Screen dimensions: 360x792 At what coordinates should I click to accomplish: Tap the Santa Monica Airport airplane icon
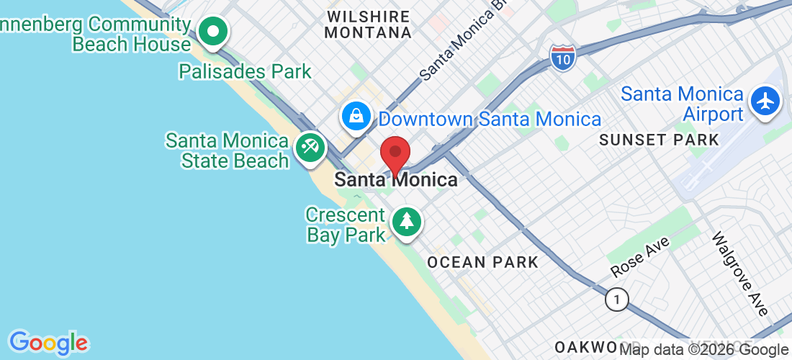pos(765,101)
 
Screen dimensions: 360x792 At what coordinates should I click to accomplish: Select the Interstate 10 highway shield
pos(562,57)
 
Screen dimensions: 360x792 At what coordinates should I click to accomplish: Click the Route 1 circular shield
pos(616,299)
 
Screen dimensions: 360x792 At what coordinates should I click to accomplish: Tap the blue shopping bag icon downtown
pos(356,116)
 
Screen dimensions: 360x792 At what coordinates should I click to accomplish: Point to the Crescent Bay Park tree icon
pos(407,220)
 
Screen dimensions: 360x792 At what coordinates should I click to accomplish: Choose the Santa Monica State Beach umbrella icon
pos(310,148)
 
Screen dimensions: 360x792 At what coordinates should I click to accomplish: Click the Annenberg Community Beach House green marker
pos(213,32)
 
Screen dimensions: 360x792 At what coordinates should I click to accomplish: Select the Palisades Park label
pos(245,71)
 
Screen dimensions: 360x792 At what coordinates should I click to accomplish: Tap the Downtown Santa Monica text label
pos(490,119)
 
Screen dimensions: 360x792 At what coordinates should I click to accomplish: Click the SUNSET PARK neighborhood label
pos(659,140)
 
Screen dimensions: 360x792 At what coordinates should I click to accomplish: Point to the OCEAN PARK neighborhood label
pos(482,262)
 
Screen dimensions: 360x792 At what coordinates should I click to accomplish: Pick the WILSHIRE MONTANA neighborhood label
pos(368,24)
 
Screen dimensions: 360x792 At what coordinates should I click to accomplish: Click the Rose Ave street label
pos(639,257)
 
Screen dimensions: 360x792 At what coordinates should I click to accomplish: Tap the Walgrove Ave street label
pos(740,273)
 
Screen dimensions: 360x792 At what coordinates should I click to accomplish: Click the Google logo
pos(48,343)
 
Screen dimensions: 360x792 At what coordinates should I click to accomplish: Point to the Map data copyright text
pos(704,350)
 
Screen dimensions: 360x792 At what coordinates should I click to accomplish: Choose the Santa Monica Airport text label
pos(682,104)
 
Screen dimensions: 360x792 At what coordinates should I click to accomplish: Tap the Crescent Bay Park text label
pos(346,225)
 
